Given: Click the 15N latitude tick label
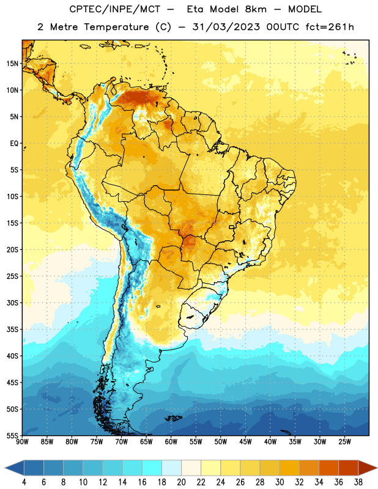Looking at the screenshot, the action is [12, 64].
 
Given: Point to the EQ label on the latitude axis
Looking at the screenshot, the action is [14, 144].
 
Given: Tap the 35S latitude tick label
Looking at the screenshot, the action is [12, 329].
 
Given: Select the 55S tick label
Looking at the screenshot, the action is [12, 435].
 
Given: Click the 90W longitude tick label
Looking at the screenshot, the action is [22, 442].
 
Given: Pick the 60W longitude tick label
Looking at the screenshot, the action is [171, 442].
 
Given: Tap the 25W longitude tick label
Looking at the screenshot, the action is [344, 442].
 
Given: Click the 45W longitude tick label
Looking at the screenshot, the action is [245, 442].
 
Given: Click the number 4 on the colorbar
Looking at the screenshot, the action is [24, 482].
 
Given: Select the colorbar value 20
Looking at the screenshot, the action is [181, 482].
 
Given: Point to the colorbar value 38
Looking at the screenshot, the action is [358, 482].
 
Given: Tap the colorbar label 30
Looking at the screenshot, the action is [280, 482].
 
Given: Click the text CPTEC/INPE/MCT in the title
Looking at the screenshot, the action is [114, 9].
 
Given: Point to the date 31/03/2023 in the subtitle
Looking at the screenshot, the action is [226, 27].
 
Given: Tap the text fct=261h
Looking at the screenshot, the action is [330, 27].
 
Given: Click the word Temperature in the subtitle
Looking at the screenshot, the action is [116, 28].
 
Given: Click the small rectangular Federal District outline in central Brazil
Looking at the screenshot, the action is [232, 227].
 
